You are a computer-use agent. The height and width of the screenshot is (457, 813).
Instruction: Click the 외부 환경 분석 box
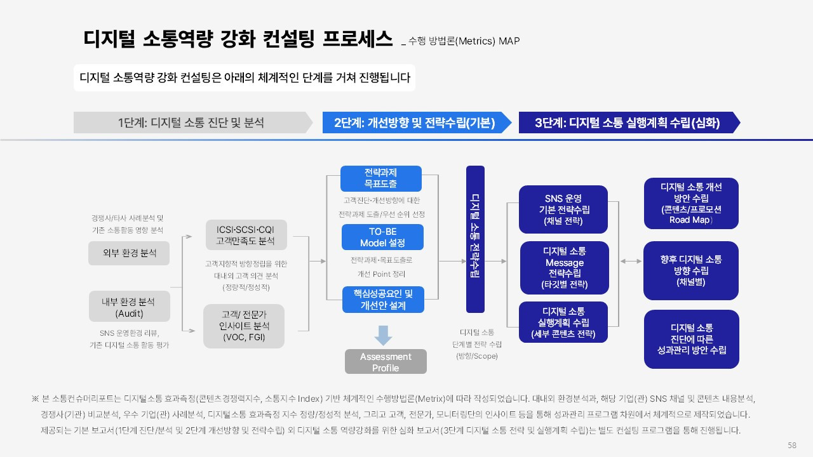[x=129, y=253]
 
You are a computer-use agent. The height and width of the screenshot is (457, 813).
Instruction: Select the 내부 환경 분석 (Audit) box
[x=129, y=306]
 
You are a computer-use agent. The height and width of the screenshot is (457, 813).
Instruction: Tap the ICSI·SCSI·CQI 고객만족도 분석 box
[x=245, y=234]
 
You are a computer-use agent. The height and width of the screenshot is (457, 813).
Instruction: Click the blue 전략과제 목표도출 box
[x=381, y=178]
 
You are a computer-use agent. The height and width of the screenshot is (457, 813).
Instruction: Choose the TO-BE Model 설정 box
[x=382, y=237]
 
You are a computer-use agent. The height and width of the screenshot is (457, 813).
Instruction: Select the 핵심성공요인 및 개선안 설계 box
[x=382, y=299]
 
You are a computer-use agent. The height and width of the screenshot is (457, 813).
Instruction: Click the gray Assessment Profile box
[x=386, y=362]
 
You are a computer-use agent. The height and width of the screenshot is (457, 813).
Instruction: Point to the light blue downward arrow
[x=383, y=334]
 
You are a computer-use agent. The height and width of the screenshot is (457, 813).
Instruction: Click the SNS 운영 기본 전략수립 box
[x=563, y=209]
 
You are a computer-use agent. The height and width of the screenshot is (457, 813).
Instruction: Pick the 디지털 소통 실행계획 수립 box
[x=563, y=322]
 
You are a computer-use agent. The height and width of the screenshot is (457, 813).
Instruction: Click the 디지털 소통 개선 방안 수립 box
[x=691, y=203]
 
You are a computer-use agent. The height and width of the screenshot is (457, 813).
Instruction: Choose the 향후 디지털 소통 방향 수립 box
[x=691, y=270]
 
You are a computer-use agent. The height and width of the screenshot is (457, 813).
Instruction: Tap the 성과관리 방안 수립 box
[x=691, y=339]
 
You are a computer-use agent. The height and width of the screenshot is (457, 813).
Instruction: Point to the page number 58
[x=791, y=445]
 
